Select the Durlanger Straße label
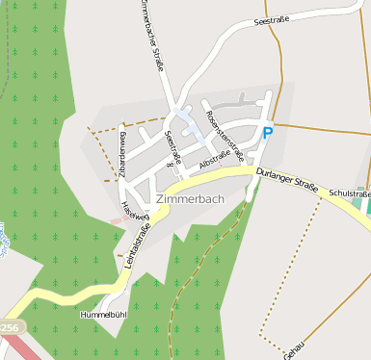pyautogui.click(x=291, y=181)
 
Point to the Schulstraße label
pyautogui.click(x=349, y=194)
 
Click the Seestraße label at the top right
pyautogui.click(x=274, y=18)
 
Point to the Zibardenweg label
pyautogui.click(x=122, y=155)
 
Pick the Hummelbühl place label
pyautogui.click(x=104, y=315)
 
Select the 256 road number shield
pyautogui.click(x=9, y=328)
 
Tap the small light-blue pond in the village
pyautogui.click(x=191, y=126)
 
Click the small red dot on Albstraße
pyautogui.click(x=220, y=166)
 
